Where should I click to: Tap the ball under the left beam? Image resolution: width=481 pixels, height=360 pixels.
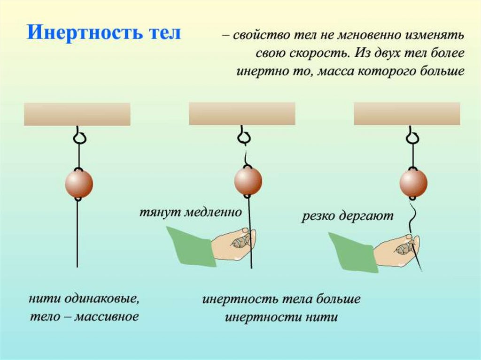pos(79,184)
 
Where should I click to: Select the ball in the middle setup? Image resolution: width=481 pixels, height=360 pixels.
pos(248,181)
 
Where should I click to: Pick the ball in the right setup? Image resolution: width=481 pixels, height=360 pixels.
pos(413,183)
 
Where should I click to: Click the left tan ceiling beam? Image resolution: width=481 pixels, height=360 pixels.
pos(77,114)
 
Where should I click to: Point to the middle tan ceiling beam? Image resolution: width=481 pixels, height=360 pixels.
pos(242,114)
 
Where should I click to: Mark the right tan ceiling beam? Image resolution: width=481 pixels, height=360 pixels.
pos(407,114)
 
